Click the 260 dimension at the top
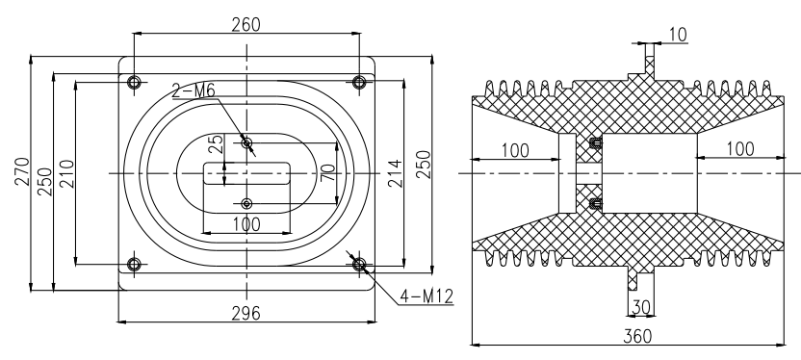point(245,24)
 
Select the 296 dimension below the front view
point(245,313)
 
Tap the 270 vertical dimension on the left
point(23,171)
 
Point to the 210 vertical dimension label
point(67,174)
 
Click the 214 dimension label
point(395,173)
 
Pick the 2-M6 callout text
point(194,90)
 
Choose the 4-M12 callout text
point(426,296)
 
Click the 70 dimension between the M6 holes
point(328,172)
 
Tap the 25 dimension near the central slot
point(217,144)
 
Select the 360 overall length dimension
point(637,336)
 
